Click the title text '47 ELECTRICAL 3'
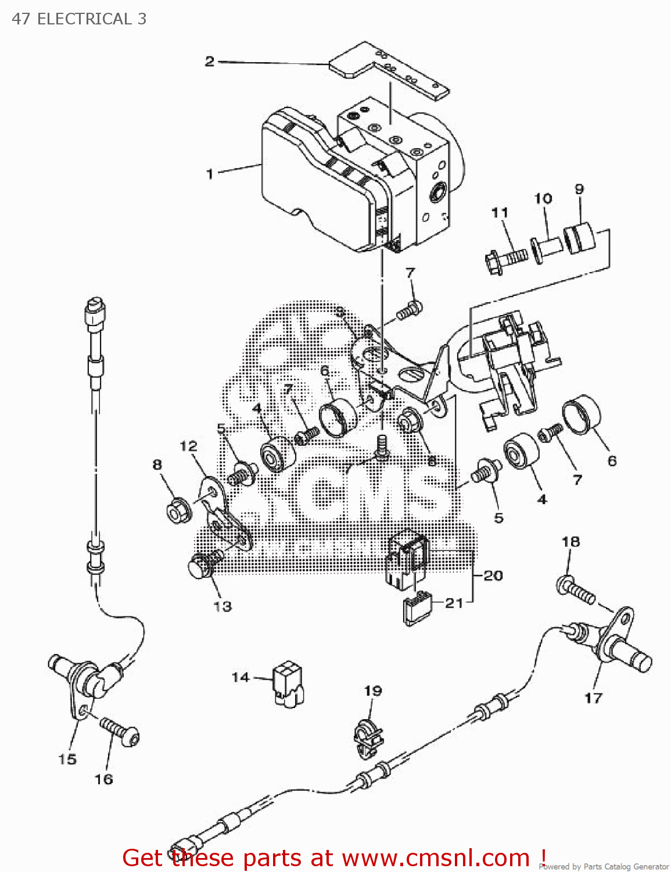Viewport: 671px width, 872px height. click(79, 19)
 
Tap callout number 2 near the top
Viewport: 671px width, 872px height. click(210, 62)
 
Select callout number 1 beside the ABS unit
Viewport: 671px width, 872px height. click(210, 174)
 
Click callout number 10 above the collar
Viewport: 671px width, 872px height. click(543, 199)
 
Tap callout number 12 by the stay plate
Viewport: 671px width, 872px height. click(188, 446)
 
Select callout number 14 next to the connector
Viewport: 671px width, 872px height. click(241, 677)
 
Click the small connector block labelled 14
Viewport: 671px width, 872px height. click(288, 684)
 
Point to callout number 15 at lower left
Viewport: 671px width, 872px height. click(67, 759)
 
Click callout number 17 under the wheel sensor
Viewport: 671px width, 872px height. click(593, 698)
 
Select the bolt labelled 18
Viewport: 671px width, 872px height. click(575, 588)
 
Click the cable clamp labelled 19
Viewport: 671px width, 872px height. click(367, 737)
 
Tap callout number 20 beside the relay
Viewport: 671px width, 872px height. click(493, 576)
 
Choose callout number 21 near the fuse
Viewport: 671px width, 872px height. click(454, 603)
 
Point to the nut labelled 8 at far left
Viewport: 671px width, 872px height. click(176, 512)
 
